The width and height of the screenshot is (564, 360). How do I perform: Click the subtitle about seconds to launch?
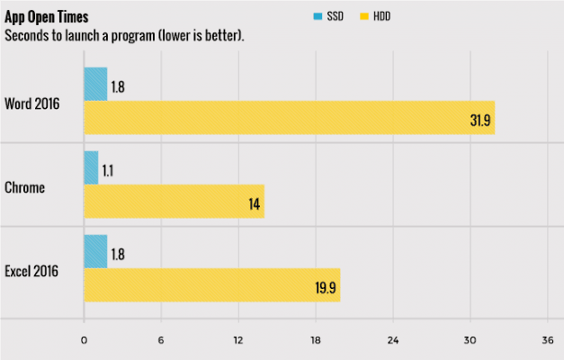pos(125,36)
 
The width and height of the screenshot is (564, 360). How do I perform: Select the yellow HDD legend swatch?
pos(363,16)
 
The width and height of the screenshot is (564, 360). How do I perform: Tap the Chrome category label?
pos(26,187)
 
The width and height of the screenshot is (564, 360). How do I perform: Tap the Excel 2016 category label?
pos(31,270)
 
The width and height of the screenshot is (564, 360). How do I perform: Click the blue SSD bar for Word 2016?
pos(95,85)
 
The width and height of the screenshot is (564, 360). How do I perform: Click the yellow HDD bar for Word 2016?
pos(289,118)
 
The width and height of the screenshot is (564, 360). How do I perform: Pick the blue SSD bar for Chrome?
pos(91,167)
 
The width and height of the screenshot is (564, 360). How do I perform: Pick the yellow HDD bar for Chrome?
pos(174,202)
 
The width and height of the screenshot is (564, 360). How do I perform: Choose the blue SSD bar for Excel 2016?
pos(95,251)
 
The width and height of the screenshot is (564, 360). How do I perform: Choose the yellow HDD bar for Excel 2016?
pos(211,284)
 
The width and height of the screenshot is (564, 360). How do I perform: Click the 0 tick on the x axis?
pos(84,340)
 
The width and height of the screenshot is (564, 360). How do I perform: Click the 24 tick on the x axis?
pos(393,340)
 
